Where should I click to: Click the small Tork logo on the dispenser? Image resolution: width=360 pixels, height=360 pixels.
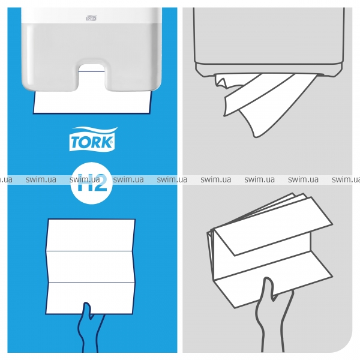[x=91, y=18]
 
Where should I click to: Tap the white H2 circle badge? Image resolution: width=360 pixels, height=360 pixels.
[x=92, y=183]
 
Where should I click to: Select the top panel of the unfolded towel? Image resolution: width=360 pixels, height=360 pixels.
[x=91, y=235]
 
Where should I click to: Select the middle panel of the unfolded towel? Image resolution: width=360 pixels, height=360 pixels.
[x=91, y=266]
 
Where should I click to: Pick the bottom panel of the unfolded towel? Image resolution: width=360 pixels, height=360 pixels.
[x=90, y=298]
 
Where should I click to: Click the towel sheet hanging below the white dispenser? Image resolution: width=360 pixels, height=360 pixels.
[x=92, y=102]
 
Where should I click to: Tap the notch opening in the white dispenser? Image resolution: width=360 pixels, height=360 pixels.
[x=92, y=74]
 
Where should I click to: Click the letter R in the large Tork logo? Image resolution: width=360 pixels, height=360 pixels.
[x=97, y=142]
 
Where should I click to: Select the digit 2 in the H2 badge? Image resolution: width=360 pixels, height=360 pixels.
[x=100, y=183]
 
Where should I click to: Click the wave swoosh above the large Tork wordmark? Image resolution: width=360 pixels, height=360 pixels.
[x=95, y=131]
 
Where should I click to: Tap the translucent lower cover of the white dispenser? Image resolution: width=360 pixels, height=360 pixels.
[x=92, y=58]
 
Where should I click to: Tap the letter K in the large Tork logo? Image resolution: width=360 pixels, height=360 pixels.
[x=107, y=142]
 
